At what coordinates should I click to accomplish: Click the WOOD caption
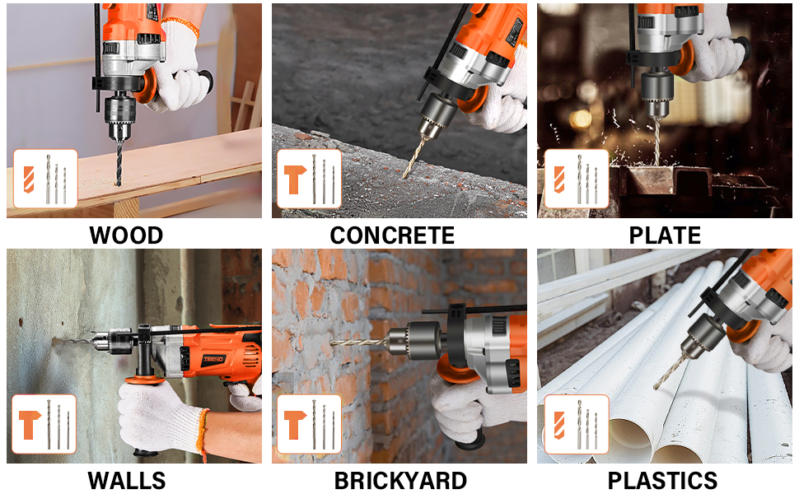click(x=126, y=235)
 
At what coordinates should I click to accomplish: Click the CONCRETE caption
click(x=392, y=235)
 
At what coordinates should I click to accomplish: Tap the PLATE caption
click(x=665, y=235)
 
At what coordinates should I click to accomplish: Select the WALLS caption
click(x=126, y=481)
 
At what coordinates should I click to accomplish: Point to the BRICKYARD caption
click(x=400, y=481)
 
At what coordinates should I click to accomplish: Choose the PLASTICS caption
click(x=663, y=481)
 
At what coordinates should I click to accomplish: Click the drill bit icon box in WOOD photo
click(x=45, y=178)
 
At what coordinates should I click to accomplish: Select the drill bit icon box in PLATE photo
click(x=577, y=179)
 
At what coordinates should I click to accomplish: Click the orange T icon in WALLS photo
click(x=30, y=424)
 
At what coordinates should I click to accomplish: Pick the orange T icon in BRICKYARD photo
click(x=295, y=424)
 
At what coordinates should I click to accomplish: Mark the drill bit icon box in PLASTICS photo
click(x=577, y=424)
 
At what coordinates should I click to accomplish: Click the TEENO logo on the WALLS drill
click(x=213, y=359)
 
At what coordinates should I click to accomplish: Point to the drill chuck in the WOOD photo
click(x=119, y=117)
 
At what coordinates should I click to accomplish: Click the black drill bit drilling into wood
click(x=119, y=163)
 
